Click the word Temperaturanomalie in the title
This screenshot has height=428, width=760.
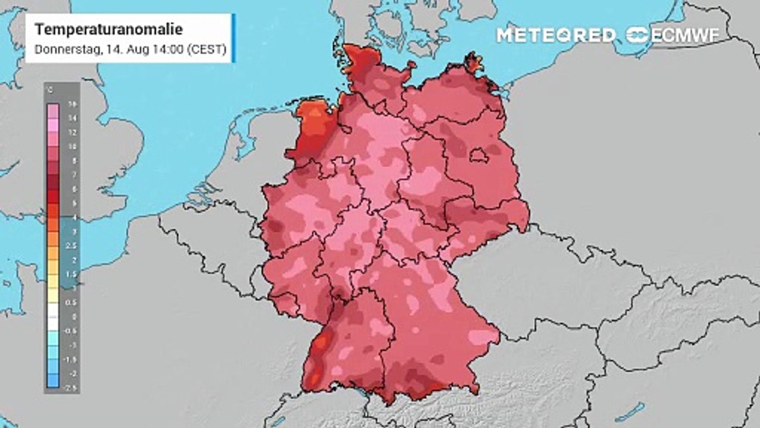[x=109, y=30]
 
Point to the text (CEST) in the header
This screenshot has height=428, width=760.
[x=207, y=50]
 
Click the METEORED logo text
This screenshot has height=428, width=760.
[x=556, y=35]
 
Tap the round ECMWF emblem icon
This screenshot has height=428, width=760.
[x=638, y=35]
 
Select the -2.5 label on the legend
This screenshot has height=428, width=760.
[x=72, y=388]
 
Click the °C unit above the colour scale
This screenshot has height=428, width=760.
[x=50, y=90]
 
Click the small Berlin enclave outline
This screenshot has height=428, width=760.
[x=479, y=156]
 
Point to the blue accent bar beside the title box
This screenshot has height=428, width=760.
[x=233, y=38]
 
